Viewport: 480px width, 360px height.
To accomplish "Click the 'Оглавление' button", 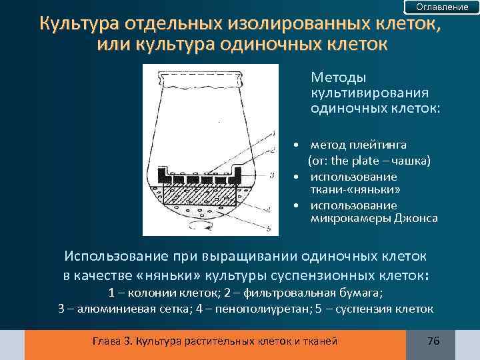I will [442, 7].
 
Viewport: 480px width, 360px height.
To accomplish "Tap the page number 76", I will [433, 341].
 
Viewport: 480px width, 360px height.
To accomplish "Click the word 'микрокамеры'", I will [347, 218].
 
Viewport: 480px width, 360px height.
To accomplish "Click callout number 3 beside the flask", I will [272, 176].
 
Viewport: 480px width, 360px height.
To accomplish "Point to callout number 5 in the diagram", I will [267, 229].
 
